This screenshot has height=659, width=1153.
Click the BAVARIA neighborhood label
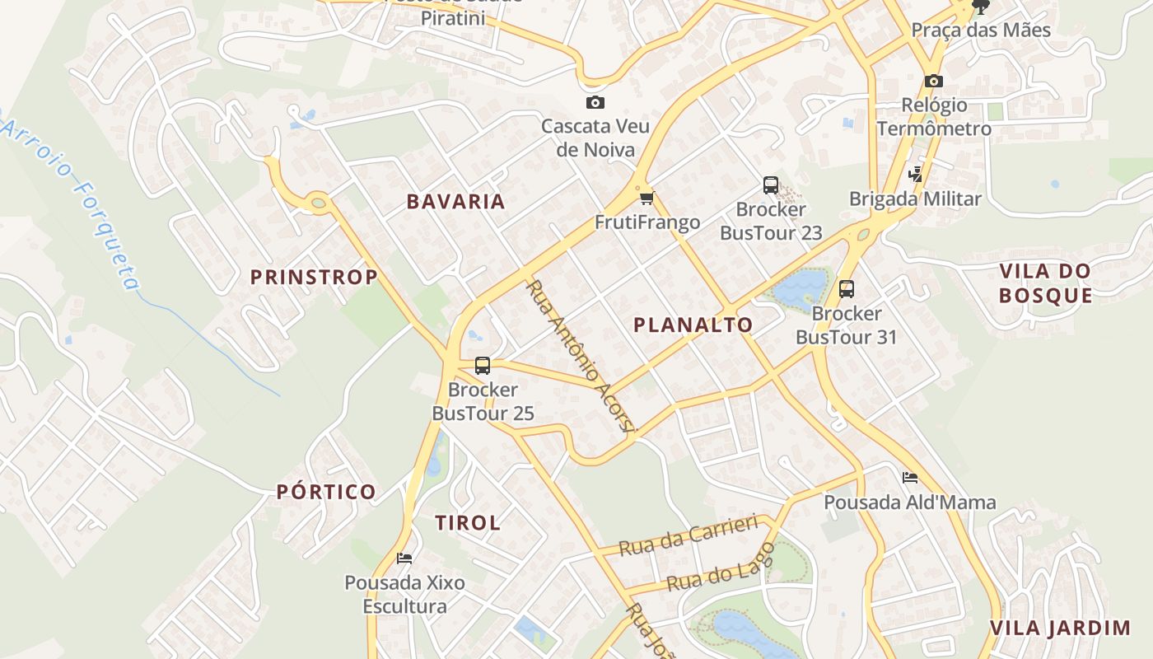[455, 202]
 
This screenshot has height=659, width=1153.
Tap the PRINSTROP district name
[314, 278]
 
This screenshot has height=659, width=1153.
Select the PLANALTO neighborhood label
[693, 325]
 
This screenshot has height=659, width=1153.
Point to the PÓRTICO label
[326, 493]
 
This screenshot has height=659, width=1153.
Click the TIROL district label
[468, 523]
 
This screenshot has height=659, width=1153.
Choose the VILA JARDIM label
[1060, 629]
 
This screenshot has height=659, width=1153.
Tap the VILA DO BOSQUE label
[1046, 283]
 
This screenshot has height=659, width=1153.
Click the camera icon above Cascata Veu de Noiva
[595, 102]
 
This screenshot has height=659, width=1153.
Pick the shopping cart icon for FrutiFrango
[647, 198]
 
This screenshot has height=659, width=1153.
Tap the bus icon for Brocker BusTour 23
[771, 185]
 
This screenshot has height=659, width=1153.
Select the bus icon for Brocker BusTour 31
[847, 289]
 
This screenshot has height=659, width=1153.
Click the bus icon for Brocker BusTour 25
[483, 365]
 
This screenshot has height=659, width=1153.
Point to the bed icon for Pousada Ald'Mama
[910, 477]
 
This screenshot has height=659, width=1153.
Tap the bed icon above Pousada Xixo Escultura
[404, 558]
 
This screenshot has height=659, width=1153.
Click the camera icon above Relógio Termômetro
[933, 81]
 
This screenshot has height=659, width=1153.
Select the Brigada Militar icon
[915, 174]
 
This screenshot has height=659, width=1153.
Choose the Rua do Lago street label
[721, 569]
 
